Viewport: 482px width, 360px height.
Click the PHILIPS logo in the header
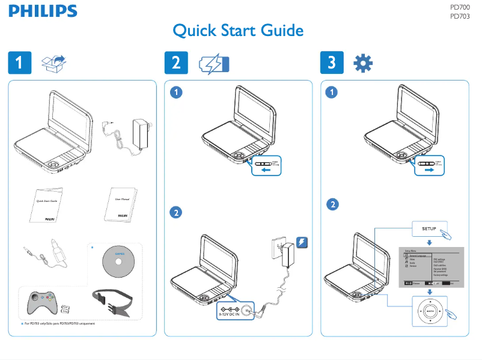[42, 11]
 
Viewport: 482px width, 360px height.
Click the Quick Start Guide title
[237, 31]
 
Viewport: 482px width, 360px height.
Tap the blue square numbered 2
[175, 63]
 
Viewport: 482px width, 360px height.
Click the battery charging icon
[214, 64]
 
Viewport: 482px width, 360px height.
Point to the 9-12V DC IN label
[228, 314]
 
